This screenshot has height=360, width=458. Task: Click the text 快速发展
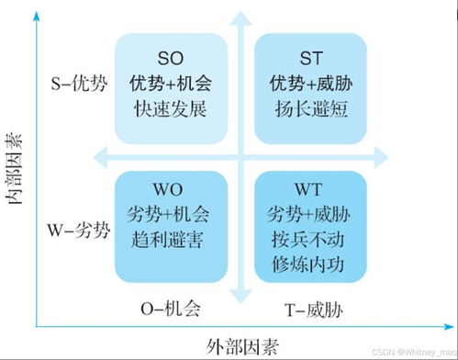[x=172, y=107]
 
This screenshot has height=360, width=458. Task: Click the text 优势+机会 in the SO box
[x=172, y=83]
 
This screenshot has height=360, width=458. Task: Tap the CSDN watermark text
[x=414, y=352]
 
